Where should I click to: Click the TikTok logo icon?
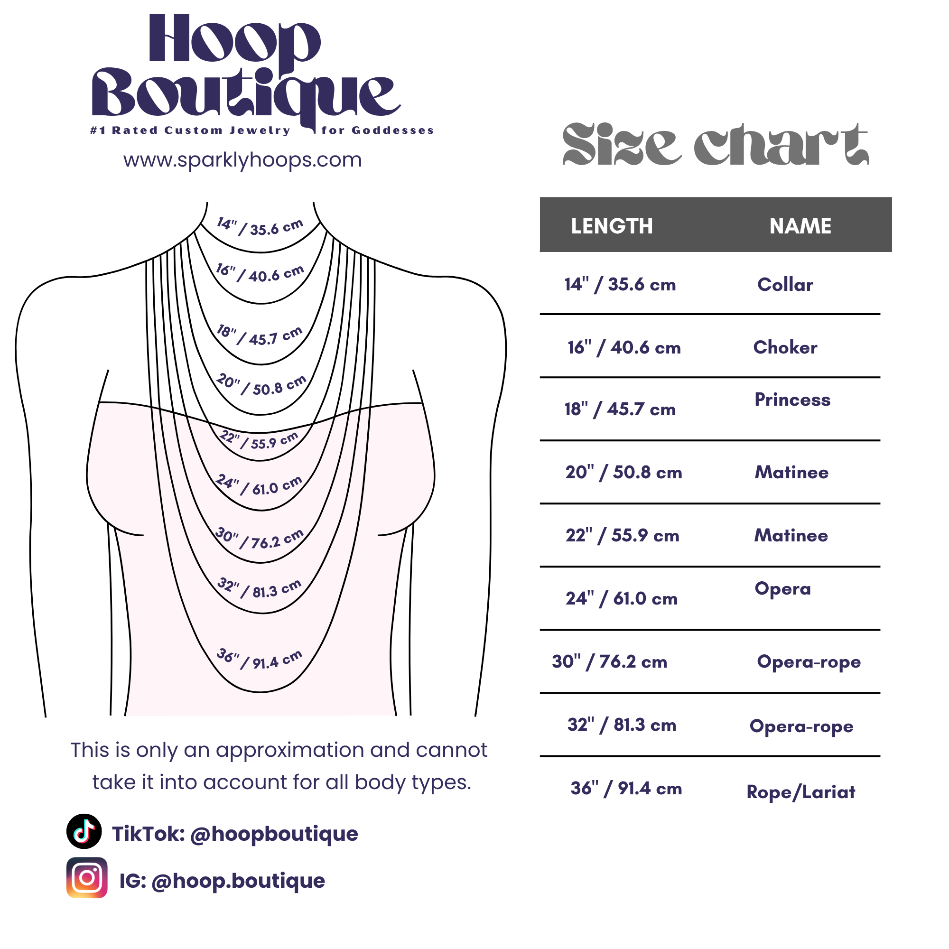coord(84,832)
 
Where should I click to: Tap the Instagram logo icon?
coord(87,878)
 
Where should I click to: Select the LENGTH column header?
coord(612,226)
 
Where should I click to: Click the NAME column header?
coord(800,226)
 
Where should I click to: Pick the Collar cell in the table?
coord(785,284)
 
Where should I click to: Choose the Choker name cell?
coord(785,347)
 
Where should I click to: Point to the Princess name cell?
coord(792,400)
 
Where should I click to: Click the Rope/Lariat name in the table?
coord(800,792)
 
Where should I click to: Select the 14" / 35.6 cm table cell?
coord(620,284)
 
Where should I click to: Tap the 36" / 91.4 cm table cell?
coord(626,788)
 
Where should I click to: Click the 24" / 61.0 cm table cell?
coord(622,598)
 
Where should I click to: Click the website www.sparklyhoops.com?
coord(242,160)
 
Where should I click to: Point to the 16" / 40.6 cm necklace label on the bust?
coord(261,273)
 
